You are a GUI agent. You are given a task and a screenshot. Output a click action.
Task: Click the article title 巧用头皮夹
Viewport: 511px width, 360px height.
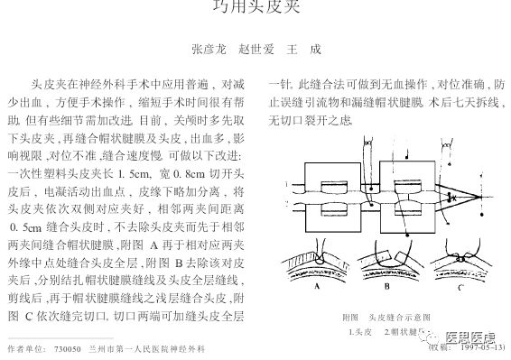pos(255,8)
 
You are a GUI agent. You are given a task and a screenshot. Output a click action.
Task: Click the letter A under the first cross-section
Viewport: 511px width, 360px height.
pos(318,287)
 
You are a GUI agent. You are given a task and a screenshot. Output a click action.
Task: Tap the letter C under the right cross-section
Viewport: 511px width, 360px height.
pos(460,287)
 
